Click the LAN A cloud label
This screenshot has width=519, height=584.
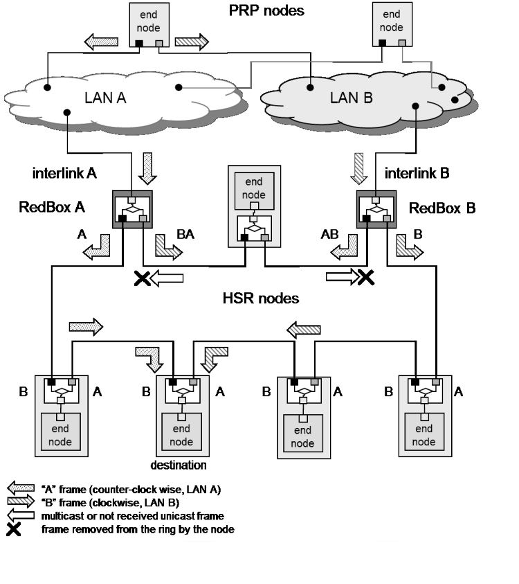click(x=105, y=98)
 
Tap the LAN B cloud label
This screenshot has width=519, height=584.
click(x=351, y=98)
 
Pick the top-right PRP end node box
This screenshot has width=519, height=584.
click(x=391, y=24)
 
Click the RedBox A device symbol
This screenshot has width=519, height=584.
click(x=131, y=208)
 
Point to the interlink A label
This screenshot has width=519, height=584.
click(x=64, y=172)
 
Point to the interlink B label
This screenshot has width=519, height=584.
click(x=417, y=173)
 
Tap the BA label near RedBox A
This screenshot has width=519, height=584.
click(x=185, y=235)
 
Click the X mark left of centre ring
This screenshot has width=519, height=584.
click(x=142, y=278)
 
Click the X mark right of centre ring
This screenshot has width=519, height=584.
click(x=365, y=278)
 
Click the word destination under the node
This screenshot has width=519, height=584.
click(x=179, y=465)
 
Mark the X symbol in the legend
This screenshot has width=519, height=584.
click(x=14, y=530)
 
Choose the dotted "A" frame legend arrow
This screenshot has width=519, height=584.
click(x=19, y=489)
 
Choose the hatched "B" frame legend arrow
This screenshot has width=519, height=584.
click(x=19, y=502)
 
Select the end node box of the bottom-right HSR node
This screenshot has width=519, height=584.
click(x=424, y=435)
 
